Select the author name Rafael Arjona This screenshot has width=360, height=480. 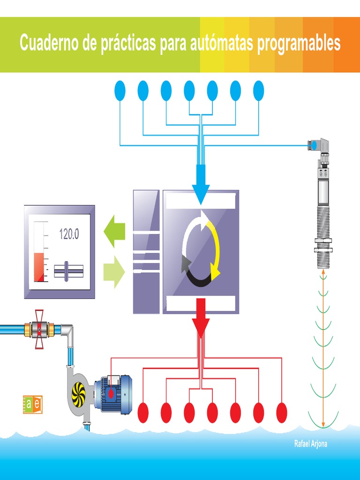[x=310, y=444]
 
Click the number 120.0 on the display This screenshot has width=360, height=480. [x=69, y=234]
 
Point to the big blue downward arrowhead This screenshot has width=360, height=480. [x=201, y=193]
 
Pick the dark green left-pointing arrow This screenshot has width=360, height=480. [x=114, y=231]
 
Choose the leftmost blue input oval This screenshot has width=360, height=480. [x=120, y=90]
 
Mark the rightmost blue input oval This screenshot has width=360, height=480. [x=258, y=90]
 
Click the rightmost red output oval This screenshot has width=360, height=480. [x=281, y=412]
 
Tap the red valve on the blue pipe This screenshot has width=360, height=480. [x=39, y=329]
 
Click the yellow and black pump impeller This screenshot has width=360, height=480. [x=78, y=392]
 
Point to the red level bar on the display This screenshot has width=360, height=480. [x=39, y=267]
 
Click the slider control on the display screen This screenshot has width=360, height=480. [x=68, y=270]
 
